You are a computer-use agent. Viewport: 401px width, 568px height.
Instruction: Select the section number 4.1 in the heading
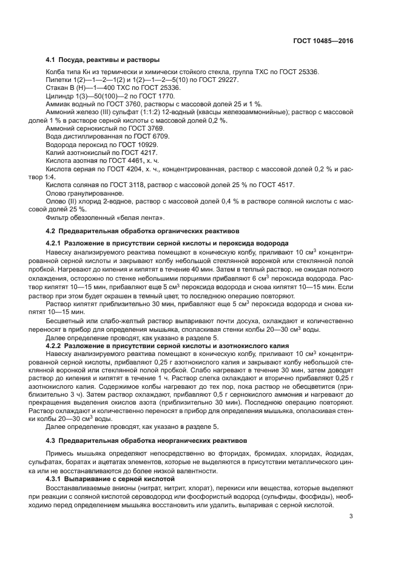click(51, 60)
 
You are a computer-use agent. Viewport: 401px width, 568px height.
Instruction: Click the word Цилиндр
click(59, 96)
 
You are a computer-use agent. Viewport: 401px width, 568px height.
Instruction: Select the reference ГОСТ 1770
click(157, 96)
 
